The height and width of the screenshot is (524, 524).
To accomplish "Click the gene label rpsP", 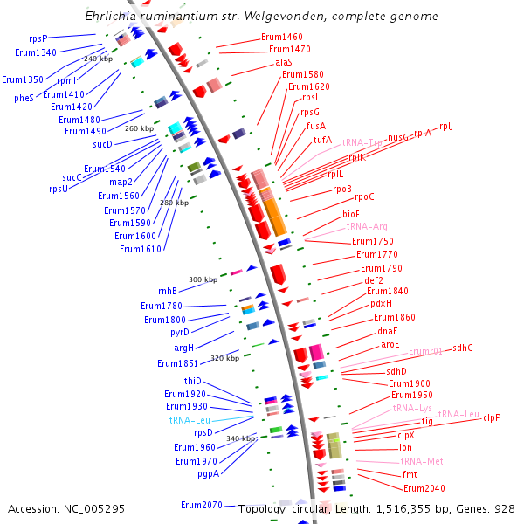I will coord(38,38).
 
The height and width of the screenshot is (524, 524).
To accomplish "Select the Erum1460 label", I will coord(281,38).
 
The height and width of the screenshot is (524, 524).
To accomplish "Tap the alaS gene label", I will coord(284,63).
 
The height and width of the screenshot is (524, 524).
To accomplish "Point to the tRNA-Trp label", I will coord(362,141).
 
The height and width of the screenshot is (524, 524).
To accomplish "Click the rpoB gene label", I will coord(341,189).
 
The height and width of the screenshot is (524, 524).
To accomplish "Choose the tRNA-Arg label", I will coord(367,226).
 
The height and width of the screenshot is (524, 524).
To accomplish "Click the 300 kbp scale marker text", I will coord(203,279).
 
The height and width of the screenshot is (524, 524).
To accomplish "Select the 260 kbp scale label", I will coord(140,128).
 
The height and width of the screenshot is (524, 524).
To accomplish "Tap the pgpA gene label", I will coord(208,474).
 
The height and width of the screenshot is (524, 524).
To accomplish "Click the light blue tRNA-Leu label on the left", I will coord(190,420).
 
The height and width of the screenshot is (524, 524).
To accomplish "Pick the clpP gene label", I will coord(492,417).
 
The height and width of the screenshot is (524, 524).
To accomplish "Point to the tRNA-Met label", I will coord(422,461).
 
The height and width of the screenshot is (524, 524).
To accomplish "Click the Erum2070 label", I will coord(201,505).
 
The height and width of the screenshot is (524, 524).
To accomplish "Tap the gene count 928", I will coord(504,508).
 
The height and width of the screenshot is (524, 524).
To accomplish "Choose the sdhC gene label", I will coord(462,348).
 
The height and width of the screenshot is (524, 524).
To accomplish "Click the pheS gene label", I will coord(24,98).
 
